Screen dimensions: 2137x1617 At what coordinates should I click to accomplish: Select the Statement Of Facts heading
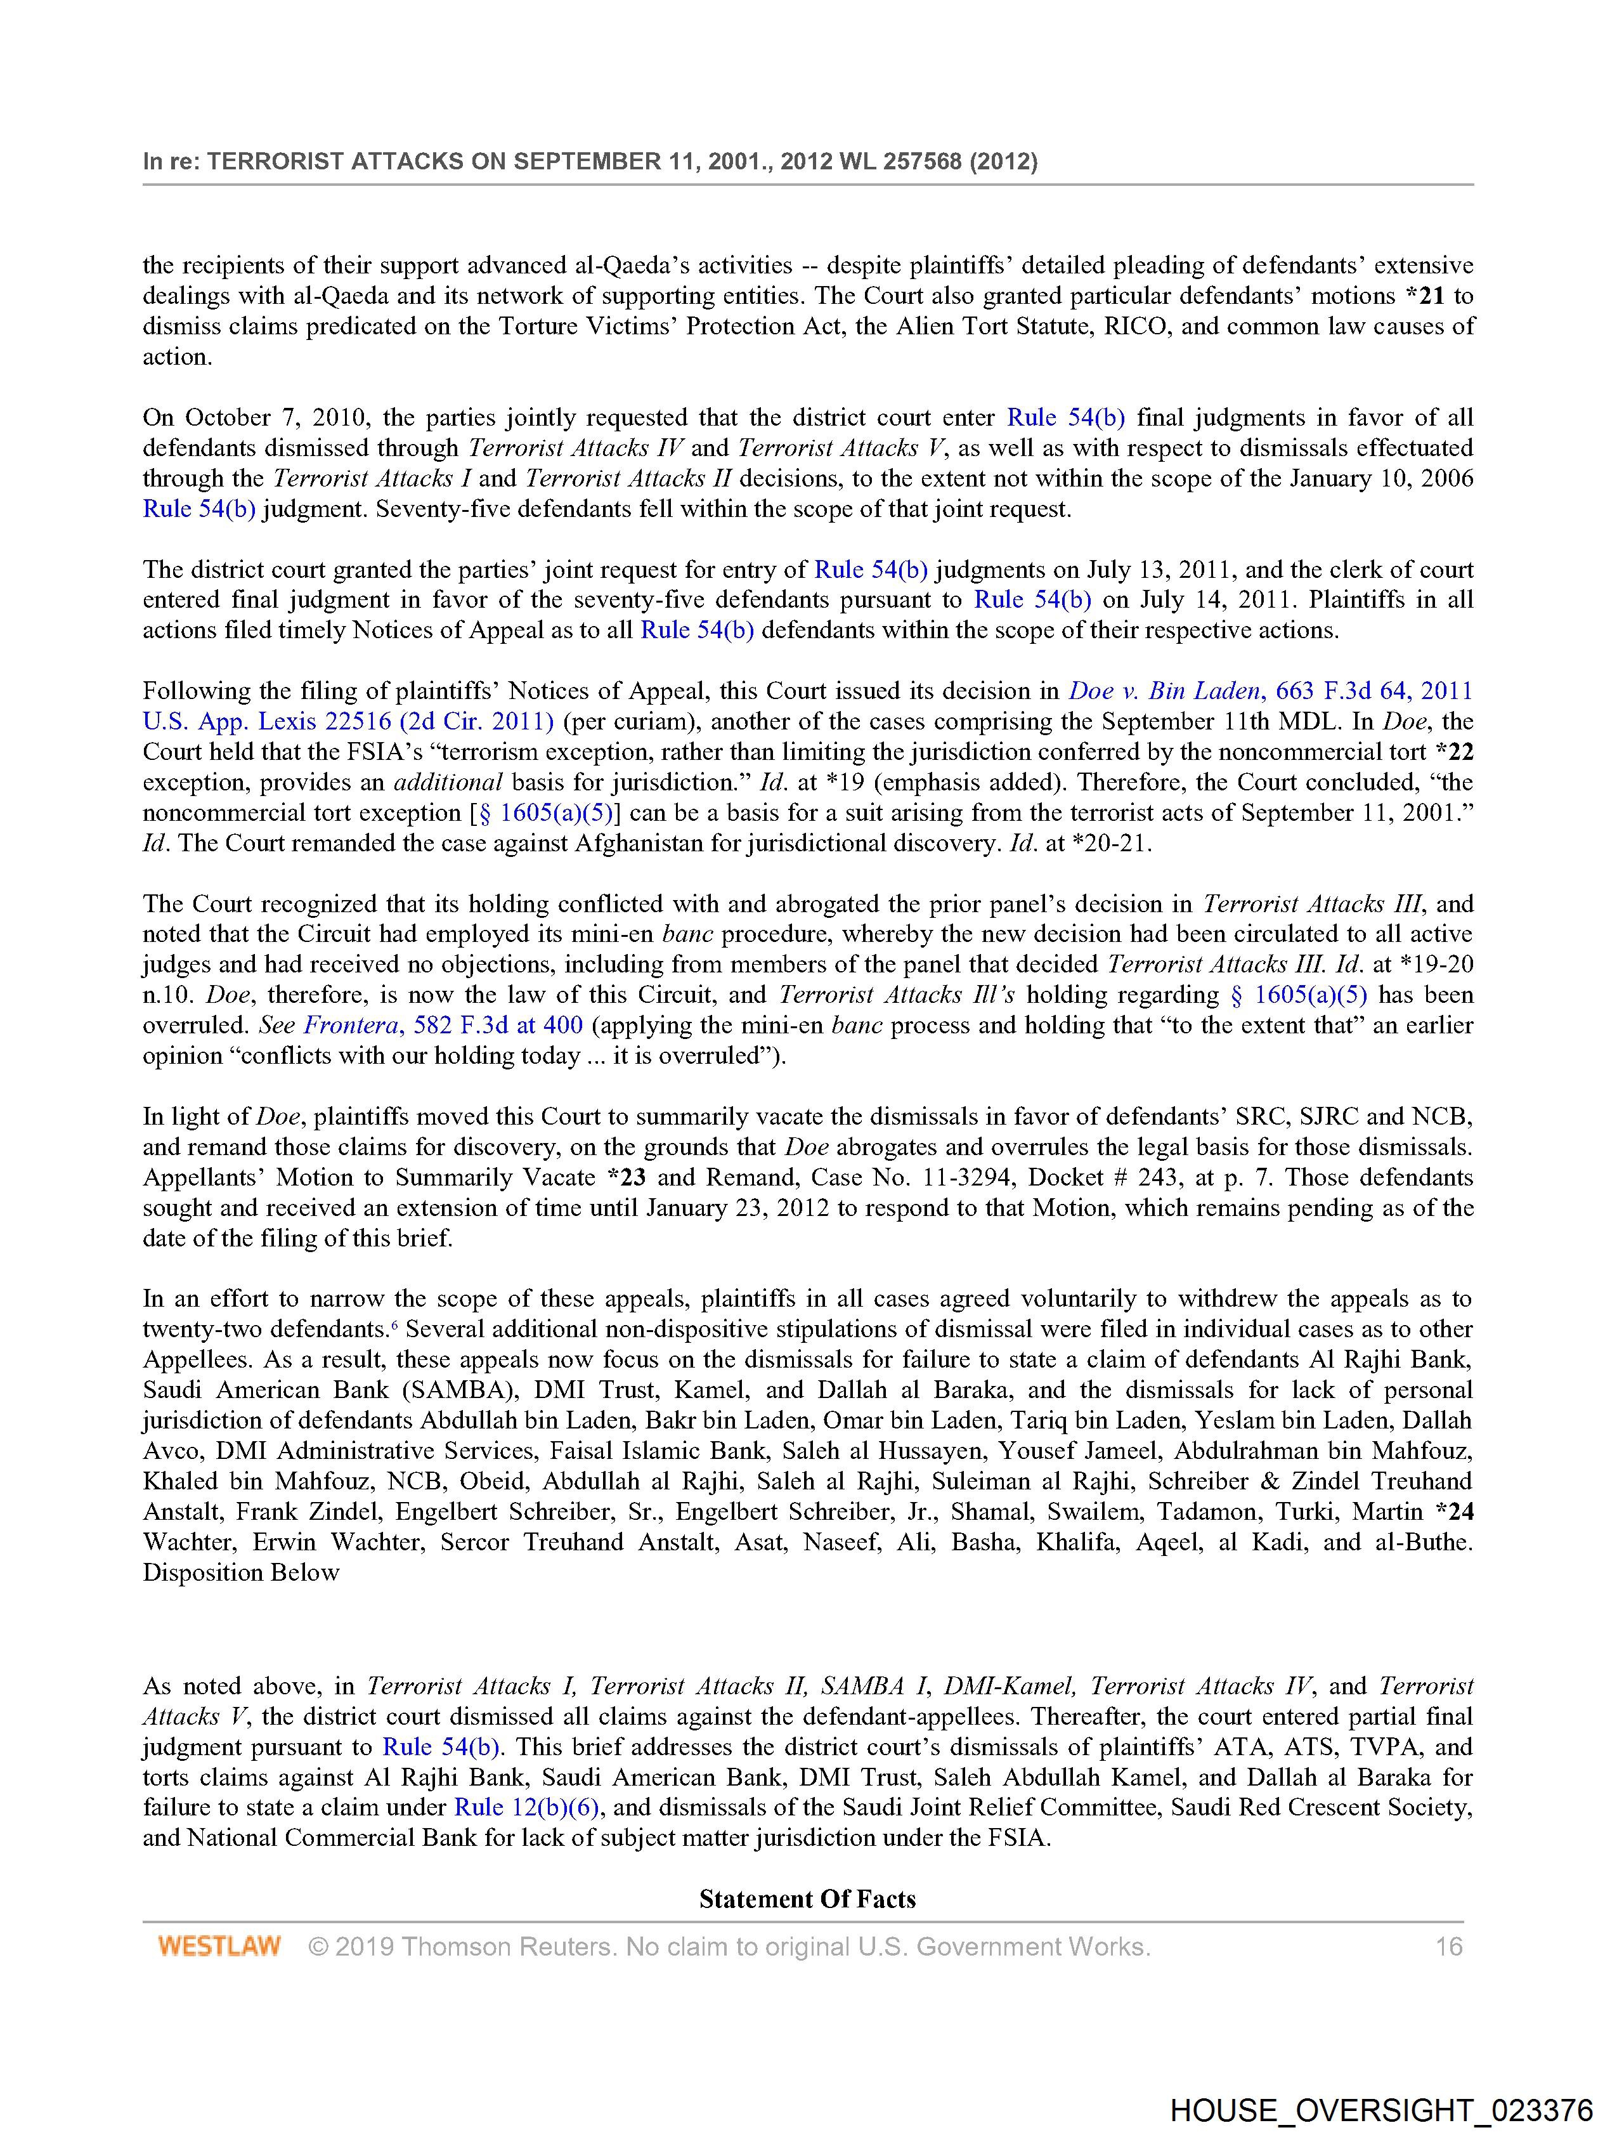click(x=807, y=1898)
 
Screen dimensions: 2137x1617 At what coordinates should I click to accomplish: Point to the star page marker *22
click(x=1454, y=752)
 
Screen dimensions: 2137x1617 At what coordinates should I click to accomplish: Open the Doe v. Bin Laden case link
click(x=1164, y=691)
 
